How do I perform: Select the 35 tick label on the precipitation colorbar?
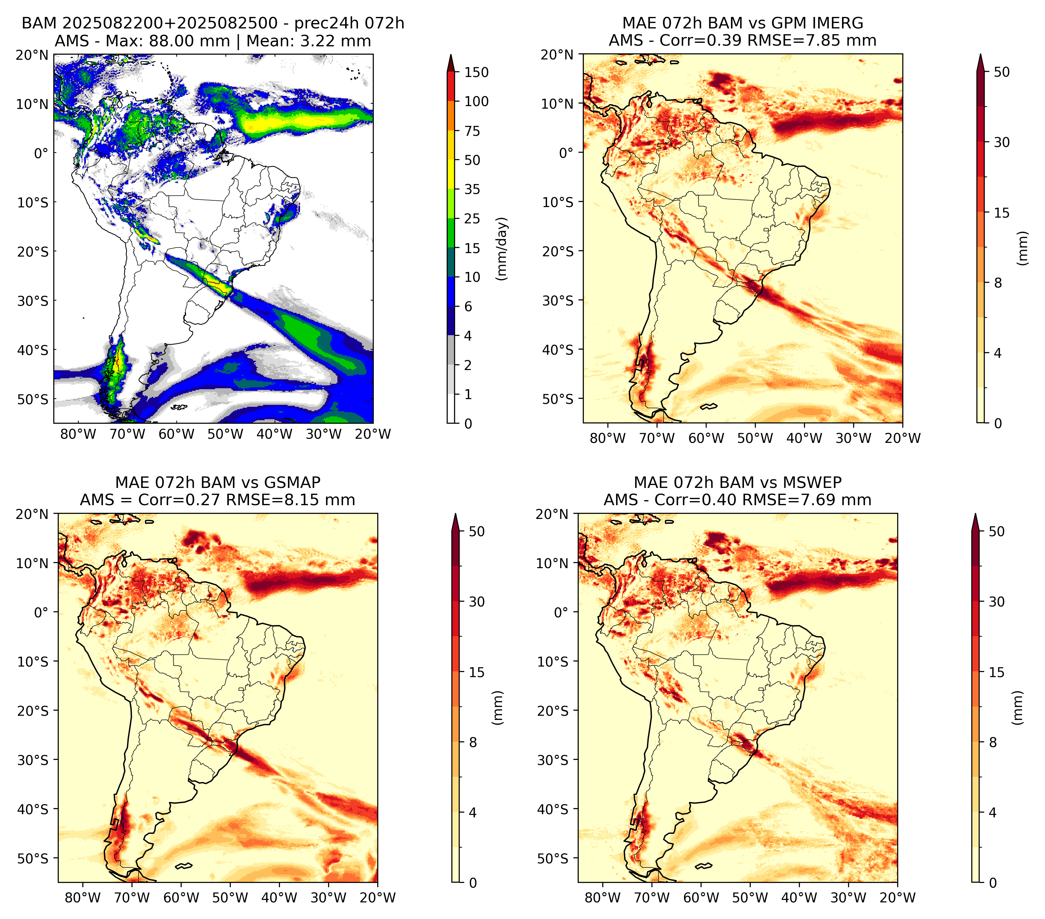[x=472, y=189]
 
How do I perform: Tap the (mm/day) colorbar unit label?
[x=502, y=248]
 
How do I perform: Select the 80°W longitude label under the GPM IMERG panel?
[x=607, y=438]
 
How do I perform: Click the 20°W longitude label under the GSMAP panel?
[x=378, y=898]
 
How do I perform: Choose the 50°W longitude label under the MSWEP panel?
[x=750, y=898]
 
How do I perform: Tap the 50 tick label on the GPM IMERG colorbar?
[x=1002, y=72]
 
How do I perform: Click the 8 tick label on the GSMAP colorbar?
[x=473, y=743]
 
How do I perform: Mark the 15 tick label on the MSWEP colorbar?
[x=997, y=672]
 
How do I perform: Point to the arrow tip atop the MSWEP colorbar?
[x=975, y=514]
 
